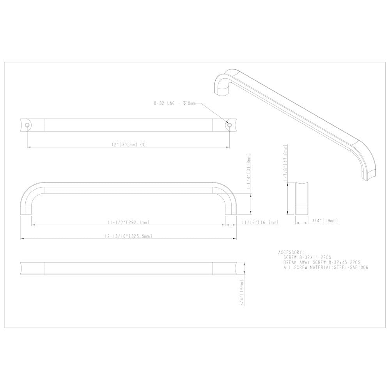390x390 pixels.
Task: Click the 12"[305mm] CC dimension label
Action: point(128,144)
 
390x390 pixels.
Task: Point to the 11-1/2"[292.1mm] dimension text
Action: point(128,222)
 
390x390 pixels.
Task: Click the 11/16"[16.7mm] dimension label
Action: point(260,222)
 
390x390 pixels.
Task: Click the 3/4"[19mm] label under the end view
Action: point(324,221)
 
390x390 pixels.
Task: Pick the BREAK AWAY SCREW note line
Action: point(322,263)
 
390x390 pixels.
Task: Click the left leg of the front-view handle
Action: point(25,203)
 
